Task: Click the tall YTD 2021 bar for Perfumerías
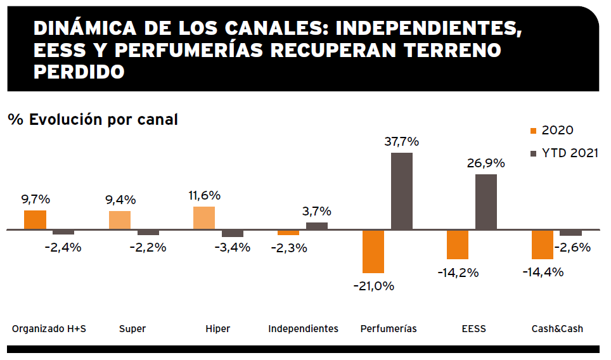click(402, 191)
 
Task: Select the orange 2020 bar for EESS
click(458, 245)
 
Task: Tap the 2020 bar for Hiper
click(204, 218)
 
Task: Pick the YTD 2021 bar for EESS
click(486, 202)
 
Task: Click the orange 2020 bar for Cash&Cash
click(542, 245)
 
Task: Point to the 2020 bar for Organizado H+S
click(35, 220)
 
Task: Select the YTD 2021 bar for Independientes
click(317, 226)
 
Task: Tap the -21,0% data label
click(374, 286)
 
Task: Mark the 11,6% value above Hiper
click(204, 196)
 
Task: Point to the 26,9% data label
click(486, 163)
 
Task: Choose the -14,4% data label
click(543, 273)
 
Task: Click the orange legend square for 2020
click(532, 131)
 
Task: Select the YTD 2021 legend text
click(570, 153)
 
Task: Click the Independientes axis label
click(303, 329)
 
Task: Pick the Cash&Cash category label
click(556, 329)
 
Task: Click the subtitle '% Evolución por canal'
click(93, 119)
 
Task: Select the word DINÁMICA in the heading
click(85, 29)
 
